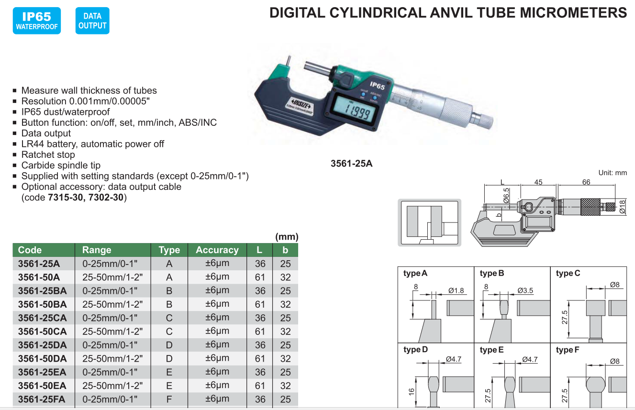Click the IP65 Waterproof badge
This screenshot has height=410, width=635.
click(x=36, y=21)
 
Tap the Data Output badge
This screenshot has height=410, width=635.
click(x=92, y=21)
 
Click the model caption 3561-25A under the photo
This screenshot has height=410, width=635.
click(x=352, y=164)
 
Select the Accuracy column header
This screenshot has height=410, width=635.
click(x=217, y=250)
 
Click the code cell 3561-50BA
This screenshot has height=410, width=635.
click(x=43, y=304)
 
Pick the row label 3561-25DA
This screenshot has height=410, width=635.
click(x=43, y=345)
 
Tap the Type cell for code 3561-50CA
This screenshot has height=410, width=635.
click(x=169, y=332)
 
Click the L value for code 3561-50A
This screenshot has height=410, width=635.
click(x=260, y=277)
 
